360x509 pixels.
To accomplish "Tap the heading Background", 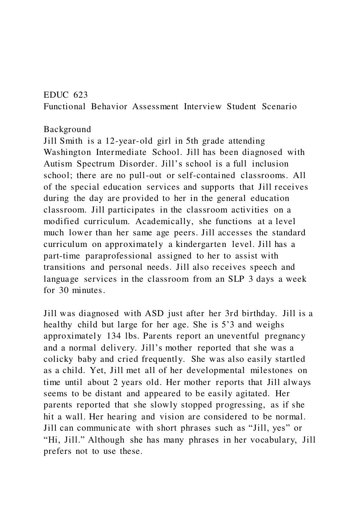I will point(67,129).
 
